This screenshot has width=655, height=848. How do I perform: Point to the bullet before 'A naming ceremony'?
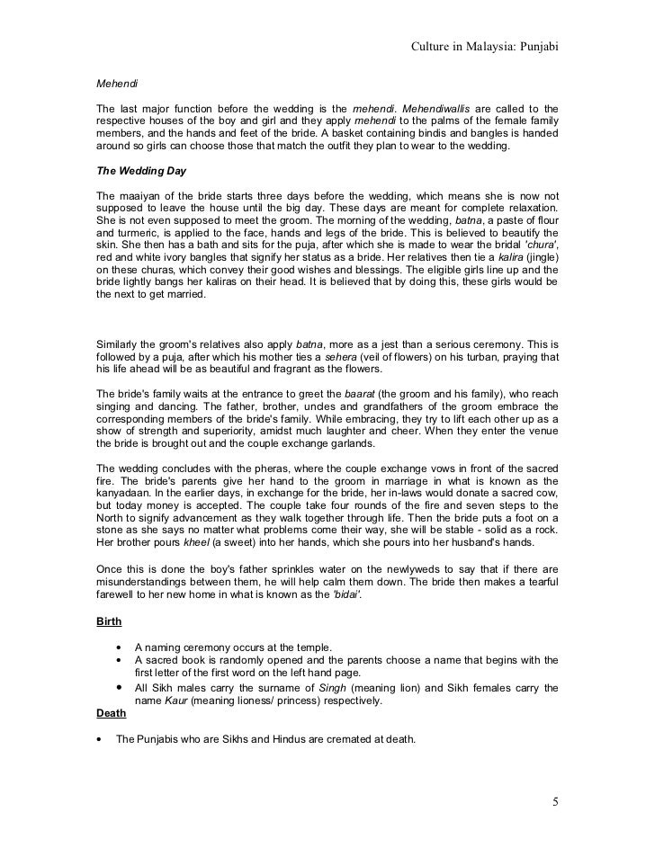[118, 647]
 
